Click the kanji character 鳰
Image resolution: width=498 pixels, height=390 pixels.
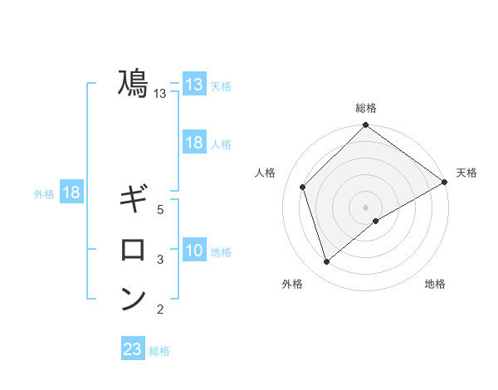click(x=133, y=84)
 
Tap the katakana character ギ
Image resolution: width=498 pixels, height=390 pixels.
click(x=133, y=199)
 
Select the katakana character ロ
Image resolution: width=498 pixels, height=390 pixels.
click(x=133, y=249)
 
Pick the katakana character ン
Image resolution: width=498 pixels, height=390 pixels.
click(x=133, y=299)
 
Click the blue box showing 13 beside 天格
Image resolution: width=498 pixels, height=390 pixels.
click(x=193, y=85)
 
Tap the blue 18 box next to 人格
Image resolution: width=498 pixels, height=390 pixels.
click(x=193, y=143)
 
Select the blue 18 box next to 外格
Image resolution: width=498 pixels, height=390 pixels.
click(x=71, y=193)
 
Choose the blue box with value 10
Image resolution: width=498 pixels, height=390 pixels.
click(x=193, y=251)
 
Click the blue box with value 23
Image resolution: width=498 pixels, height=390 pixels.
click(x=133, y=349)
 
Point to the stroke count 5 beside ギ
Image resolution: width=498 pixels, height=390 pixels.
click(x=160, y=210)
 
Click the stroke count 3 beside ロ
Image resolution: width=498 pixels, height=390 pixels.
click(x=160, y=260)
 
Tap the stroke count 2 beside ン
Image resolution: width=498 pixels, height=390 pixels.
click(x=160, y=310)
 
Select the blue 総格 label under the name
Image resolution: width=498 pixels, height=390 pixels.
click(x=159, y=351)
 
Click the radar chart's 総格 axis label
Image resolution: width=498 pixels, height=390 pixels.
click(x=366, y=108)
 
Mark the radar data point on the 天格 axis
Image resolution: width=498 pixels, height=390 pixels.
click(x=444, y=182)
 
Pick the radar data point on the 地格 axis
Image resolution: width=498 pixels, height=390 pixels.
click(x=376, y=221)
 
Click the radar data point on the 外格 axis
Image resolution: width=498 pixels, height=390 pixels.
click(x=327, y=262)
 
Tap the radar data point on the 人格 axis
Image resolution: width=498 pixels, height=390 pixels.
click(x=303, y=187)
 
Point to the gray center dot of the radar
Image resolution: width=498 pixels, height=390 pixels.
click(x=366, y=207)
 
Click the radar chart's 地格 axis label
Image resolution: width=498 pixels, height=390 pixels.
click(x=435, y=285)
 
